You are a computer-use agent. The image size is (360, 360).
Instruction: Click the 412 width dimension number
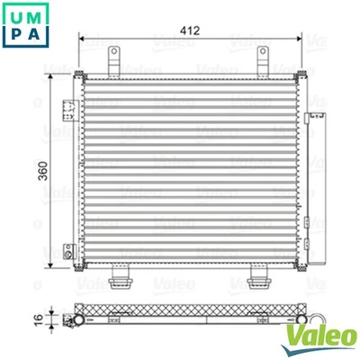pos(187,30)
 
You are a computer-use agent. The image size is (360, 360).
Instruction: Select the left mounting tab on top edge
pos(114,62)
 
